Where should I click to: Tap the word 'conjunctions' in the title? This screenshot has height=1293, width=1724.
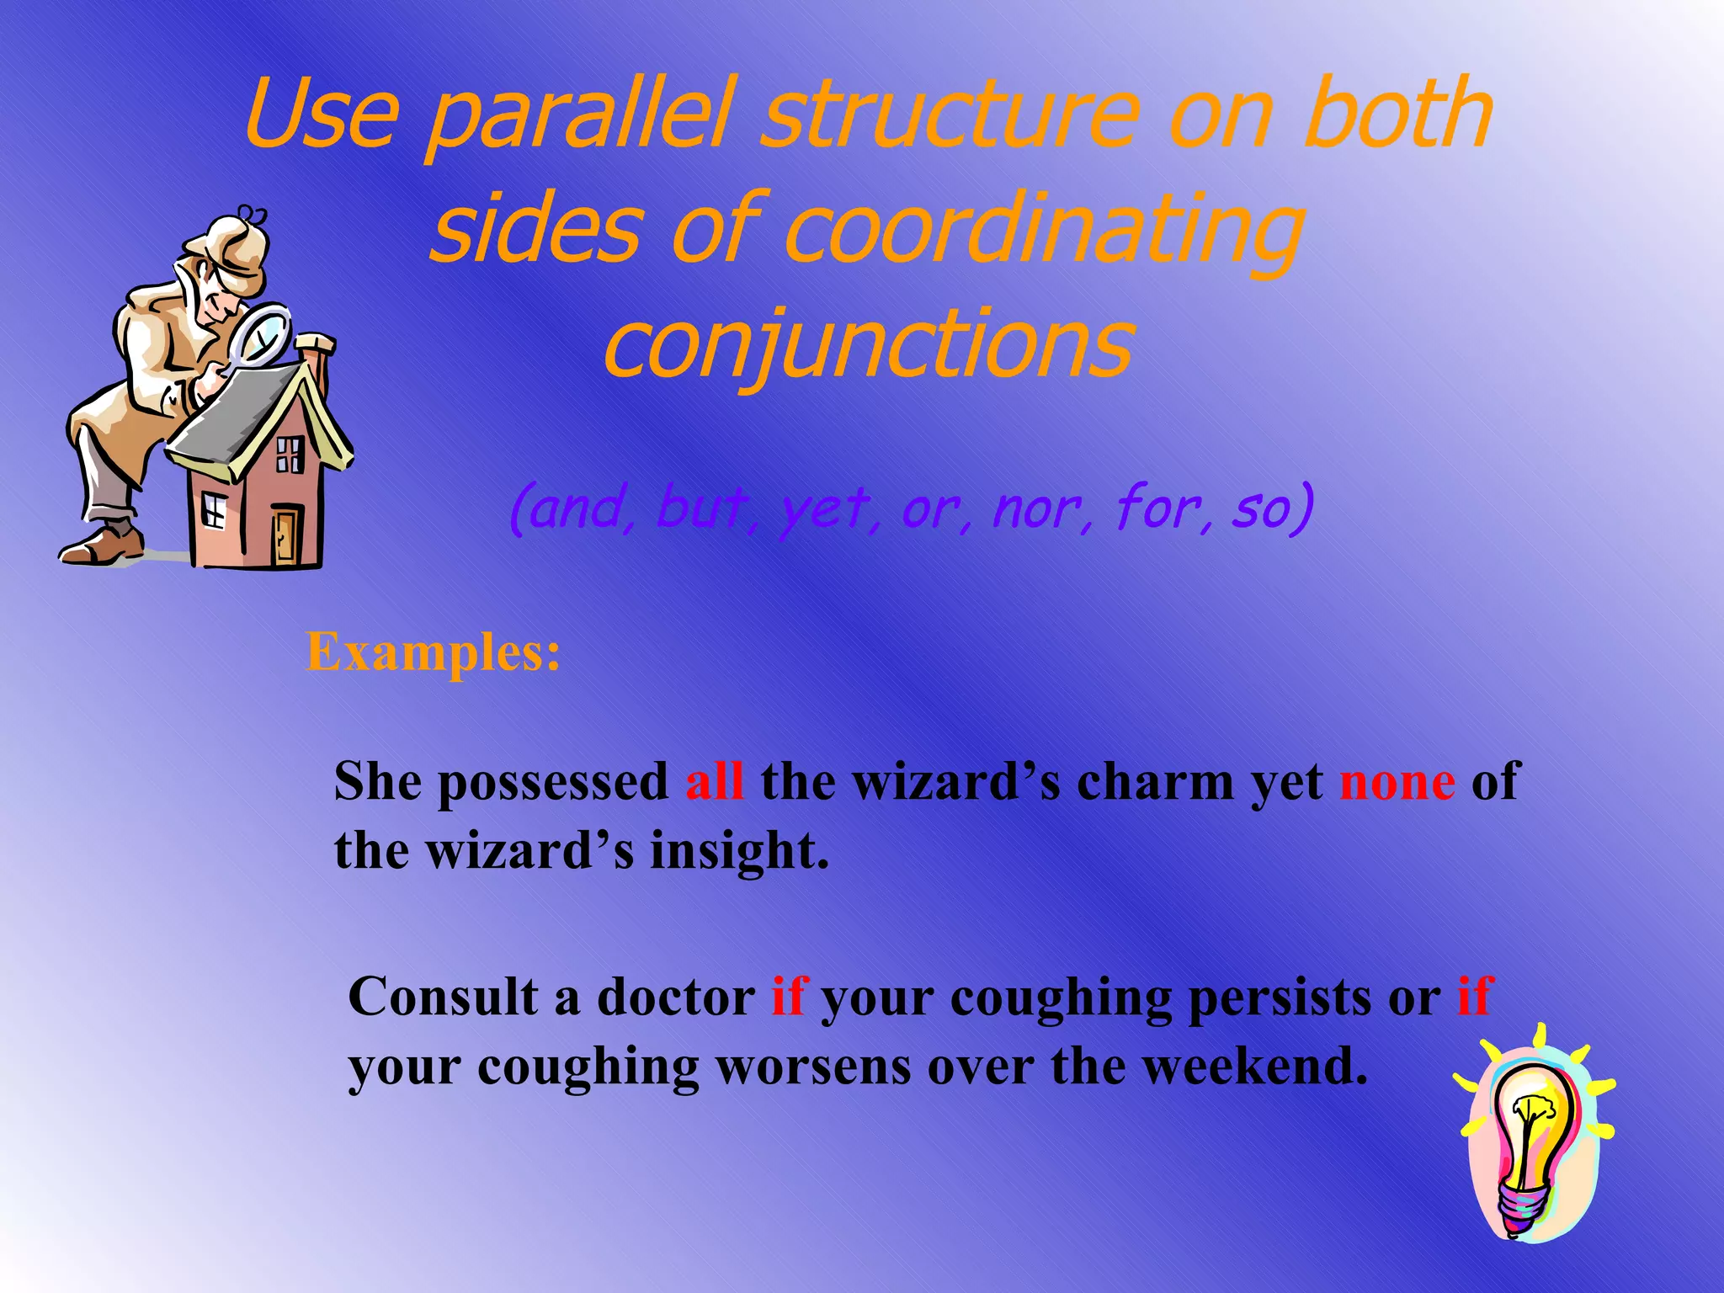(869, 343)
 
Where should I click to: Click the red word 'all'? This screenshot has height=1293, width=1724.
(714, 782)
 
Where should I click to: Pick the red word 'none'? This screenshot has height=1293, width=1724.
(1397, 782)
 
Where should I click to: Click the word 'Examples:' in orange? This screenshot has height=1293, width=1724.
(433, 652)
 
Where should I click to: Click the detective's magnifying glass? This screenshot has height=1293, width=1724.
(263, 337)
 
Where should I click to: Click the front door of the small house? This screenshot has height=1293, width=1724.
(285, 535)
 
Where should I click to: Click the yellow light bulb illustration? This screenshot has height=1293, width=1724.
(1532, 1136)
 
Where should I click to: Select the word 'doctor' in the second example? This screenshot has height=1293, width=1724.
(676, 998)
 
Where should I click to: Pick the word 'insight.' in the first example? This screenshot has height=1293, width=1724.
(739, 851)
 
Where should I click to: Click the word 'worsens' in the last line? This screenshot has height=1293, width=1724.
(812, 1067)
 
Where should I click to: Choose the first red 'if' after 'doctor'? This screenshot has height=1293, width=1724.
(788, 998)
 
